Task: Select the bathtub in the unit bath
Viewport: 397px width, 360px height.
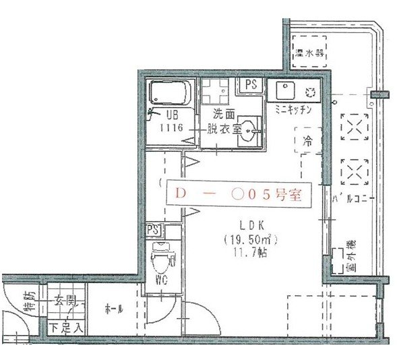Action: pos(171,94)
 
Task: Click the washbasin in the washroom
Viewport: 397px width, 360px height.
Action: pos(249,127)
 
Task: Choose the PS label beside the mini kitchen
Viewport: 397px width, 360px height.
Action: pos(251,84)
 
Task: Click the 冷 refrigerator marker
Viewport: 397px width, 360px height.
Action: pos(307,142)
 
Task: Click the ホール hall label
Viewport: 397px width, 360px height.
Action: pos(113,309)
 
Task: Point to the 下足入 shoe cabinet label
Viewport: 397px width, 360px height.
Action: pos(67,328)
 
